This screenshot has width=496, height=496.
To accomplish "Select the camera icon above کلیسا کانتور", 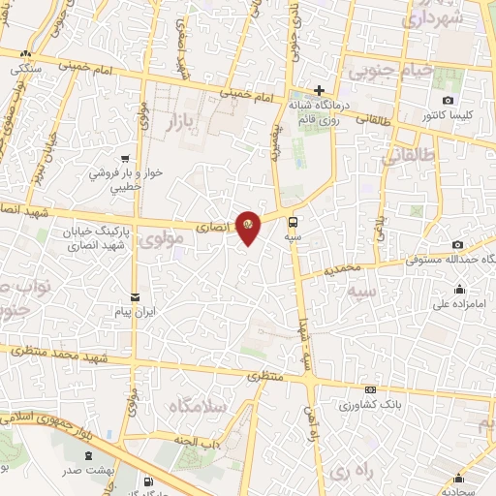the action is tap(447, 101).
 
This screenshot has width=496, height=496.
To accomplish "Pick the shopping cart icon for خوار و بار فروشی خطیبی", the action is tap(124, 159).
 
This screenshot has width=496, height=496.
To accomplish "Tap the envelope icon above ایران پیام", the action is tap(134, 296).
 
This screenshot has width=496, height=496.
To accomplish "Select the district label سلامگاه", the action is tap(197, 406).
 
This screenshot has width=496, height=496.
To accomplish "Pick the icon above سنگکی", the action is tap(26, 54).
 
